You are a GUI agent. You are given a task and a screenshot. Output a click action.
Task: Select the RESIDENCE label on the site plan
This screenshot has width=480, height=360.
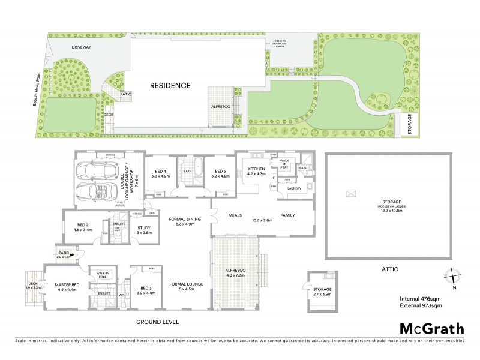(170, 85)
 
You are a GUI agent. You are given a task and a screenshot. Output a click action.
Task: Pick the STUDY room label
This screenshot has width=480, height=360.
(143, 229)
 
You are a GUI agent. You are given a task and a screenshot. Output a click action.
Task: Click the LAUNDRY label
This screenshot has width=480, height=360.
(294, 189)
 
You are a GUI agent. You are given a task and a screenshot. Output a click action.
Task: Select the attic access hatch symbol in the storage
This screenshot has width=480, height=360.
(351, 194)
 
